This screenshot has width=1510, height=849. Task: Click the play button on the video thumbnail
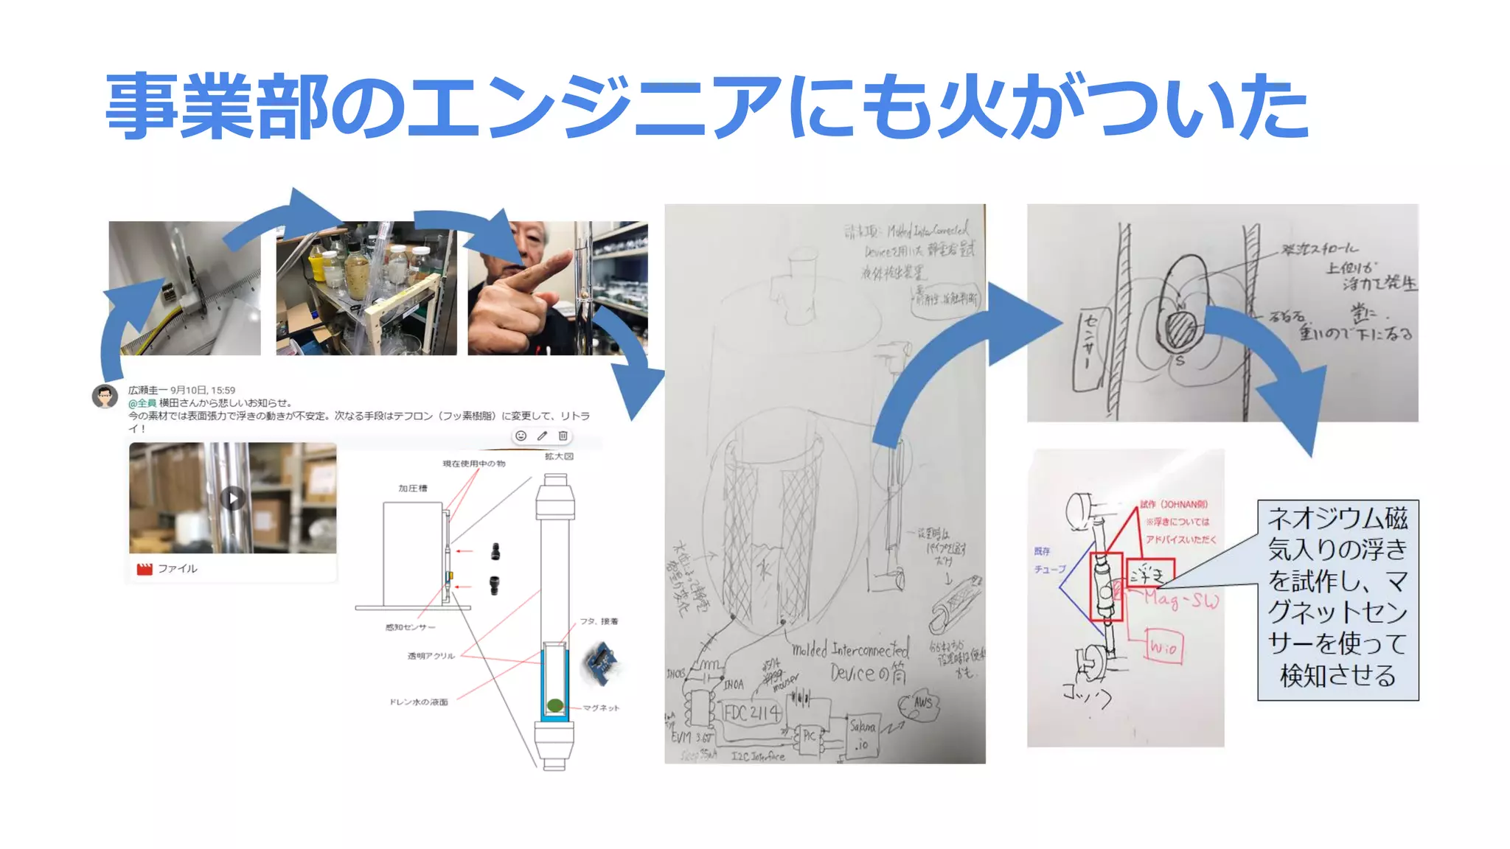(x=233, y=498)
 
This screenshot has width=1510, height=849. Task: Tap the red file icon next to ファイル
(x=145, y=569)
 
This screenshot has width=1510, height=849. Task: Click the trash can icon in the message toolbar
(x=563, y=436)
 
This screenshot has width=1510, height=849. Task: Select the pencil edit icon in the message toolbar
(x=542, y=436)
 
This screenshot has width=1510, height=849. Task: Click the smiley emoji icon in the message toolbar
(x=521, y=436)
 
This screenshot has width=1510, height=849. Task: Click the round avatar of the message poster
(x=105, y=396)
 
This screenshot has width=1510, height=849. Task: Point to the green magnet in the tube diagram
(x=555, y=705)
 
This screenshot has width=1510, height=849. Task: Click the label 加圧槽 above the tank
(x=412, y=488)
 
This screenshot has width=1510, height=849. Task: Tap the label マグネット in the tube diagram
(x=601, y=707)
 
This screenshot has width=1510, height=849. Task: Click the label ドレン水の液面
(x=418, y=702)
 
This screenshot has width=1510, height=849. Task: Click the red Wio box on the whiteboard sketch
(x=1163, y=648)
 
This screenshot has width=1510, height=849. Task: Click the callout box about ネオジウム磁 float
(x=1337, y=598)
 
